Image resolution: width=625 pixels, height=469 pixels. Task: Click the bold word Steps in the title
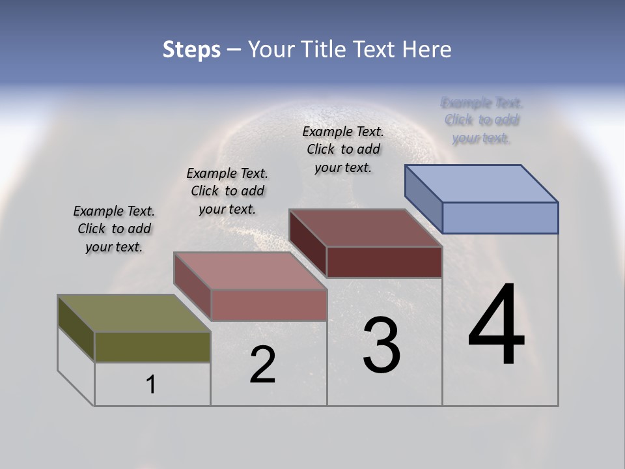[x=191, y=50]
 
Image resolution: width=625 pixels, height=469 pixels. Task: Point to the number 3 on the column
[x=382, y=346]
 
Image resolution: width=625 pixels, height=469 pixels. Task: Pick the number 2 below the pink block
[x=262, y=365]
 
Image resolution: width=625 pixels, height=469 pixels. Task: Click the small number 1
[x=151, y=385]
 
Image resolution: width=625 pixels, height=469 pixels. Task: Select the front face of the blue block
[x=500, y=218]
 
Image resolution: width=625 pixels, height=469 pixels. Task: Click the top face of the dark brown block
[x=365, y=228]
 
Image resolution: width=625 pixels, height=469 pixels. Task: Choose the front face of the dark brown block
[x=384, y=262]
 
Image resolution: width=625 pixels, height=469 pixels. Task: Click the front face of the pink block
[x=269, y=305]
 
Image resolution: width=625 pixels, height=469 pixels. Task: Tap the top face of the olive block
[x=133, y=313]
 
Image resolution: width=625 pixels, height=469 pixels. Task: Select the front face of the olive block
[x=152, y=347]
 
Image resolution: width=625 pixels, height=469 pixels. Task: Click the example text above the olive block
[x=114, y=229]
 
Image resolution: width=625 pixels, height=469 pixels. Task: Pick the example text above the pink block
[x=227, y=191]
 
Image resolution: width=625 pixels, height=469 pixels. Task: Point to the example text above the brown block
[x=343, y=149]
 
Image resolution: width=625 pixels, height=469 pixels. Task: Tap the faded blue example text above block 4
[x=482, y=120]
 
